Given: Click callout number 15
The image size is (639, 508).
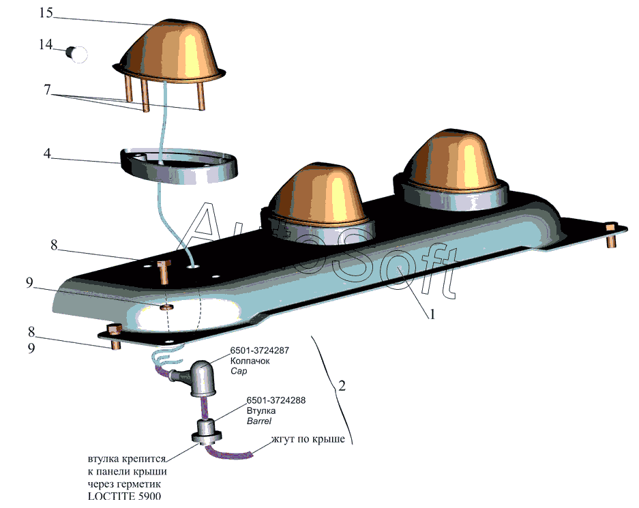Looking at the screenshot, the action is coord(46,13).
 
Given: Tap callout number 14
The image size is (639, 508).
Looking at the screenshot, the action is coord(46,44).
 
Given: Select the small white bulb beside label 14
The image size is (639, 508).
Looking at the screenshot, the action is coord(77,54).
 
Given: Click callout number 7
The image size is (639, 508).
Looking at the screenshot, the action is coord(47,89).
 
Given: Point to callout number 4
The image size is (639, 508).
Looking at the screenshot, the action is coord(47,153).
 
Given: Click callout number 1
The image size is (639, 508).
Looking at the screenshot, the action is coord(432,314).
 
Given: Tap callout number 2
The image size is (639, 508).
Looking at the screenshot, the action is coord(342,385).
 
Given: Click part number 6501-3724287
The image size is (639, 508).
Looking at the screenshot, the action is coord(260,350).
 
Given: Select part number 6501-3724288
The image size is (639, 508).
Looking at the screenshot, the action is coord(276,400).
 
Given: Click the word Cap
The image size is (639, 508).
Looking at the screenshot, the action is coord(239,371).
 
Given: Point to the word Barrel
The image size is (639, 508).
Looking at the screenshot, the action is coord(259,421).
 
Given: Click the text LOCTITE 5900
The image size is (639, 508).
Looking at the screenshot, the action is coord(124,496).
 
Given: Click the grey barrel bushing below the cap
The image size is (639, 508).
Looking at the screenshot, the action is coord(207,432).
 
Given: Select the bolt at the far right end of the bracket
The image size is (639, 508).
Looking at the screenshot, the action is coord(611,235).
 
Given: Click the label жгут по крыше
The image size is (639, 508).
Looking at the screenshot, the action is coord(308,439).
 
